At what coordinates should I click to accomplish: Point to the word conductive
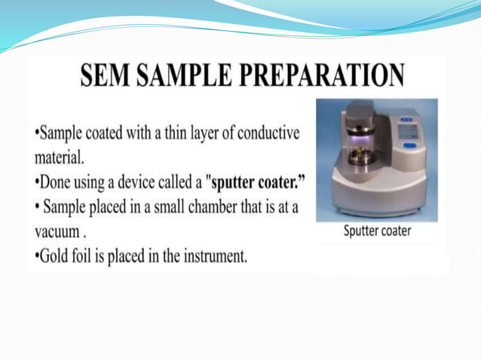268,134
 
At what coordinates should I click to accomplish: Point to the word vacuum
57,232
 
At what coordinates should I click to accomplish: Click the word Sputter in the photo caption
362,231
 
